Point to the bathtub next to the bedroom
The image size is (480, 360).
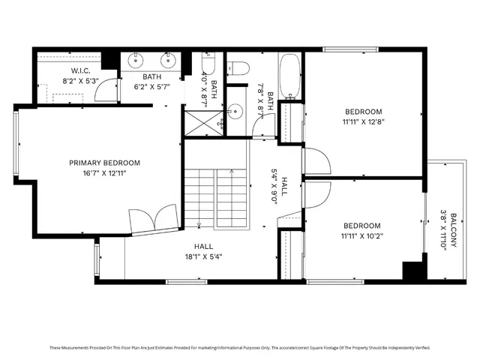pos(289,76)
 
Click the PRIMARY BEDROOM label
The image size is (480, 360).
pos(104,163)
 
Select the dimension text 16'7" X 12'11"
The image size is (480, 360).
pos(104,174)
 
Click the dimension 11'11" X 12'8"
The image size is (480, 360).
pos(363,123)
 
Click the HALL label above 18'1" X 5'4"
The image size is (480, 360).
pos(203,246)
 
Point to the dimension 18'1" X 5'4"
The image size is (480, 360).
pos(203,256)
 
